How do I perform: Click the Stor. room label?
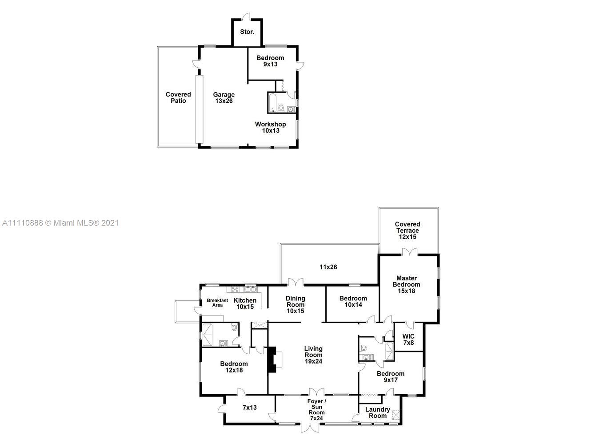click(247, 32)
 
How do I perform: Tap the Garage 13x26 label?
click(224, 98)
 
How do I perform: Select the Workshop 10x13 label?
click(270, 127)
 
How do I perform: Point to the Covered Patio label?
click(178, 97)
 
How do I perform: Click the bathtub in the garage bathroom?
click(273, 103)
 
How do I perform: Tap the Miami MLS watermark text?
click(60, 223)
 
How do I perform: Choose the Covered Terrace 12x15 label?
click(407, 230)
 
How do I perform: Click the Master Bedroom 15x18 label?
click(406, 284)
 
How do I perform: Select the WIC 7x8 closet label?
click(408, 340)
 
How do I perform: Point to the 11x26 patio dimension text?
click(328, 267)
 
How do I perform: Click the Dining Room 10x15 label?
click(296, 304)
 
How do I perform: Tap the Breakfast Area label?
click(217, 303)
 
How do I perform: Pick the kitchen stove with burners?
click(235, 289)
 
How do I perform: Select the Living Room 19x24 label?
click(313, 355)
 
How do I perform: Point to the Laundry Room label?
click(378, 413)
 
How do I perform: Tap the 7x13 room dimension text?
click(250, 408)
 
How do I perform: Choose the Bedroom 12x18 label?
click(234, 367)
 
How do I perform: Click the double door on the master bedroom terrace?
click(410, 252)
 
